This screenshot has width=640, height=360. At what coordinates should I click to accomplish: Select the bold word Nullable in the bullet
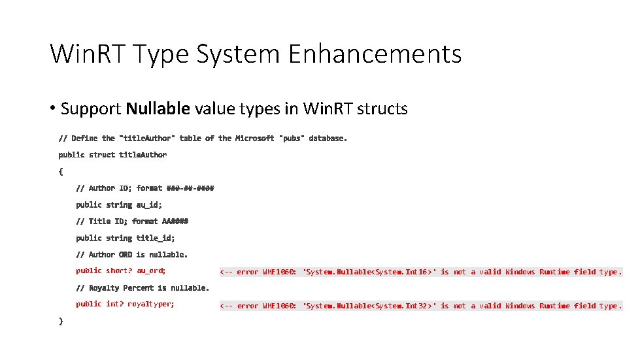click(158, 108)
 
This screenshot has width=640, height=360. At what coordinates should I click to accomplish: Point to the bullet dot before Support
click(52, 108)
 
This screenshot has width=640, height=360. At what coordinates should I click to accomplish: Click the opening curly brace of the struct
click(61, 172)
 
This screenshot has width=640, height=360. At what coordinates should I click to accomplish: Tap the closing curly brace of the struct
click(61, 321)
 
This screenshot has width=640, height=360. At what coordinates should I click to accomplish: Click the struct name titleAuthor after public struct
click(143, 155)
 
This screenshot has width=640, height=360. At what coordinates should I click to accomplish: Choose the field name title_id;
click(156, 238)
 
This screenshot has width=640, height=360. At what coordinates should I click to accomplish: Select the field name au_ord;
click(151, 270)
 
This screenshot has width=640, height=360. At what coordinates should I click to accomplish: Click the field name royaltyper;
click(151, 304)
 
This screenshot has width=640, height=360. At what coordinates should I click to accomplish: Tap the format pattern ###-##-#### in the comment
click(190, 188)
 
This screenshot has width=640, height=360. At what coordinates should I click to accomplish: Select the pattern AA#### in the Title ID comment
click(175, 221)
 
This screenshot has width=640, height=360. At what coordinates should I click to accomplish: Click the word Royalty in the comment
click(103, 287)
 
